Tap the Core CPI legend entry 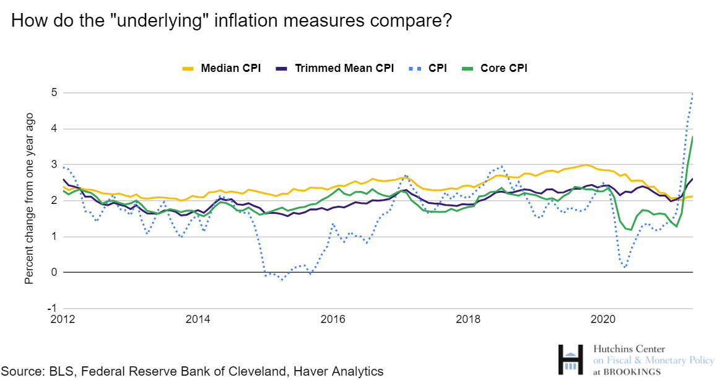pyautogui.click(x=503, y=68)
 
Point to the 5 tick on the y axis pyautogui.click(x=54, y=93)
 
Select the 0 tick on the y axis pyautogui.click(x=54, y=272)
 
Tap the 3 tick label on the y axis pyautogui.click(x=54, y=165)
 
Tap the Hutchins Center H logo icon pyautogui.click(x=570, y=360)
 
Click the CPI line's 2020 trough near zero pyautogui.click(x=625, y=267)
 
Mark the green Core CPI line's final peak pyautogui.click(x=692, y=137)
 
